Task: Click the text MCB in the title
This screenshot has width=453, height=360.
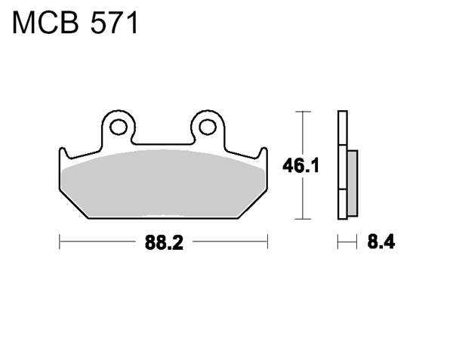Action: tap(45, 23)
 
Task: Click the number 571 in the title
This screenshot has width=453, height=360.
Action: tap(114, 23)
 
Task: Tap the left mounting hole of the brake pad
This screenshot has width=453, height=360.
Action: tap(119, 127)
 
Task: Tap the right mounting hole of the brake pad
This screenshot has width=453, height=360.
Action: tap(208, 127)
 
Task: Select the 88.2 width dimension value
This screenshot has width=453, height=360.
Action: tap(164, 242)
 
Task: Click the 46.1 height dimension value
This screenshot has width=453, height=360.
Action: tap(300, 166)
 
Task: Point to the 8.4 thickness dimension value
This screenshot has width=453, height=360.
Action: tap(381, 242)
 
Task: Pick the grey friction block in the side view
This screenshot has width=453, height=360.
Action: tap(353, 183)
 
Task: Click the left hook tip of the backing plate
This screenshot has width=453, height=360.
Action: tap(62, 149)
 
